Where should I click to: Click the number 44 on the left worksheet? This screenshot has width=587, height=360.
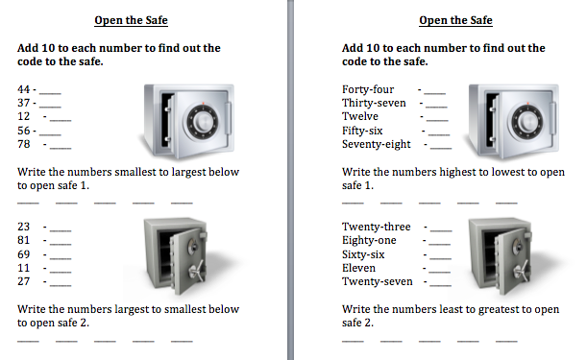pyautogui.click(x=24, y=89)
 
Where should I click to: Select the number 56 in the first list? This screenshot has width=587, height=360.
pyautogui.click(x=24, y=131)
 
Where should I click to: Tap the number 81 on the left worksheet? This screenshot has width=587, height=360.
pyautogui.click(x=24, y=240)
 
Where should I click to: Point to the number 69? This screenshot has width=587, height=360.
pyautogui.click(x=24, y=254)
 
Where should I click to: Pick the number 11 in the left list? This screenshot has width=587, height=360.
pyautogui.click(x=24, y=268)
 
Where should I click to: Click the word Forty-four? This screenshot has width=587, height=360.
pyautogui.click(x=368, y=90)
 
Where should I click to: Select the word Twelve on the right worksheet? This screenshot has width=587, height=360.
pyautogui.click(x=359, y=116)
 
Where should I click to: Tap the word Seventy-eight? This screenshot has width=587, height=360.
pyautogui.click(x=377, y=144)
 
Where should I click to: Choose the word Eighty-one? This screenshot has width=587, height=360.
pyautogui.click(x=369, y=241)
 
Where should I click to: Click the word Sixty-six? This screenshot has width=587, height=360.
pyautogui.click(x=363, y=254)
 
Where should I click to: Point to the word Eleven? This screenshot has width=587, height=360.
pyautogui.click(x=358, y=268)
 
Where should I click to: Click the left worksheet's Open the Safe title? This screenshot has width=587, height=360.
pyautogui.click(x=131, y=20)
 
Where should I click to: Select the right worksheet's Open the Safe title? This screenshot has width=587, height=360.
pyautogui.click(x=455, y=20)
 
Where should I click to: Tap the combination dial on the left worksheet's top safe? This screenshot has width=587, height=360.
pyautogui.click(x=203, y=122)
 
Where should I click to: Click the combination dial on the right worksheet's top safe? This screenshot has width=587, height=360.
pyautogui.click(x=527, y=122)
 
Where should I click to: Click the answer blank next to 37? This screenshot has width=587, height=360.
pyautogui.click(x=50, y=107)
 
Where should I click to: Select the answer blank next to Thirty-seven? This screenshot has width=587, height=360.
pyautogui.click(x=436, y=107)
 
